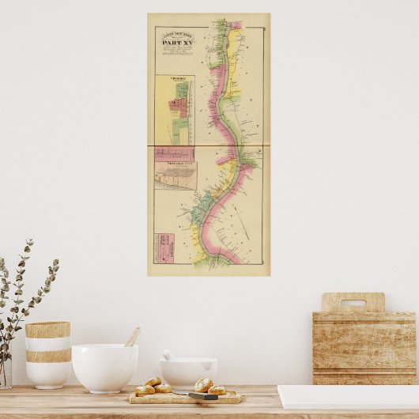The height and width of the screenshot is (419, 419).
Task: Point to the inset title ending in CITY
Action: pyautogui.click(x=175, y=161)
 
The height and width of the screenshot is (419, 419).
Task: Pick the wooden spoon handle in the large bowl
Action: pyautogui.click(x=132, y=338)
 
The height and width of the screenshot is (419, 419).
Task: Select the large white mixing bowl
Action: pyautogui.click(x=104, y=367)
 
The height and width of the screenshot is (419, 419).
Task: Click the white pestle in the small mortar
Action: pyautogui.click(x=168, y=355)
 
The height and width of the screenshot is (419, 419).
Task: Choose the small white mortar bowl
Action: pyautogui.click(x=188, y=372)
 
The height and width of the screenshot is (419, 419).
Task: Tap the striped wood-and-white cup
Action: pyautogui.click(x=47, y=354)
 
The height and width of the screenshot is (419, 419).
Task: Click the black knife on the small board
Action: pyautogui.click(x=202, y=394)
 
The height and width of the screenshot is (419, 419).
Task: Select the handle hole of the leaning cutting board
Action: pyautogui.click(x=353, y=302)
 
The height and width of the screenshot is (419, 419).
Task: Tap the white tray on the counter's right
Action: pyautogui.click(x=348, y=396)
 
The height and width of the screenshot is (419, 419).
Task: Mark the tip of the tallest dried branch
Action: pyautogui.click(x=30, y=241)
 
